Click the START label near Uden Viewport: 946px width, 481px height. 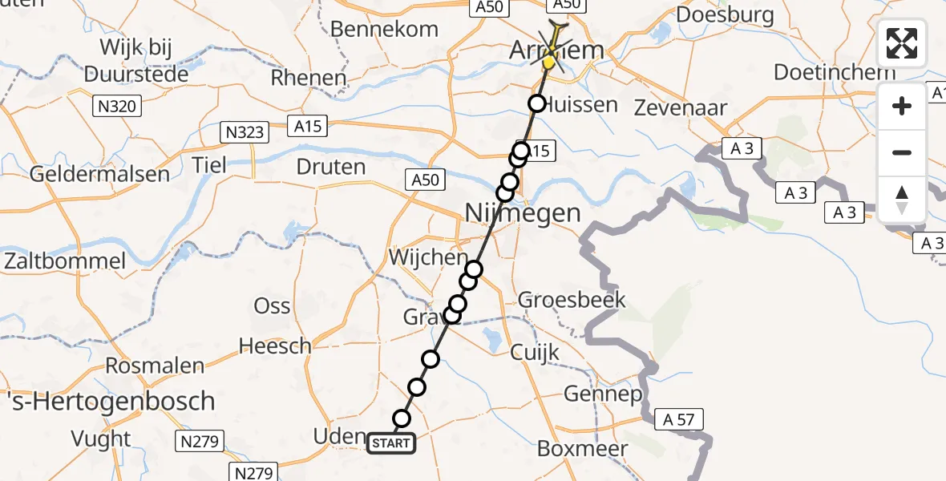point(391,443)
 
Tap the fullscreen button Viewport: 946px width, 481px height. point(902,43)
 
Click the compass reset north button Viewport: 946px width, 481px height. point(902,199)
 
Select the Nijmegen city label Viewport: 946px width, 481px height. point(523,213)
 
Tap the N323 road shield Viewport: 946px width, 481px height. point(244,131)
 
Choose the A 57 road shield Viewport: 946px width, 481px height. point(677,418)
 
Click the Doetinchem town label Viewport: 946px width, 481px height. point(834,72)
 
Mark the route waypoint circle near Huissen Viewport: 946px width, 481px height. point(536,103)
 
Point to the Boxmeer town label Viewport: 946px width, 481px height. point(583,448)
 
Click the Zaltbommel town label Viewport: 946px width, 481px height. point(65,261)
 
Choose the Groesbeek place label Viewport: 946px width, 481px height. point(572,301)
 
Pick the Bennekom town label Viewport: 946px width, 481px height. point(385,30)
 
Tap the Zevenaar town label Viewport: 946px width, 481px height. point(680,107)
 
